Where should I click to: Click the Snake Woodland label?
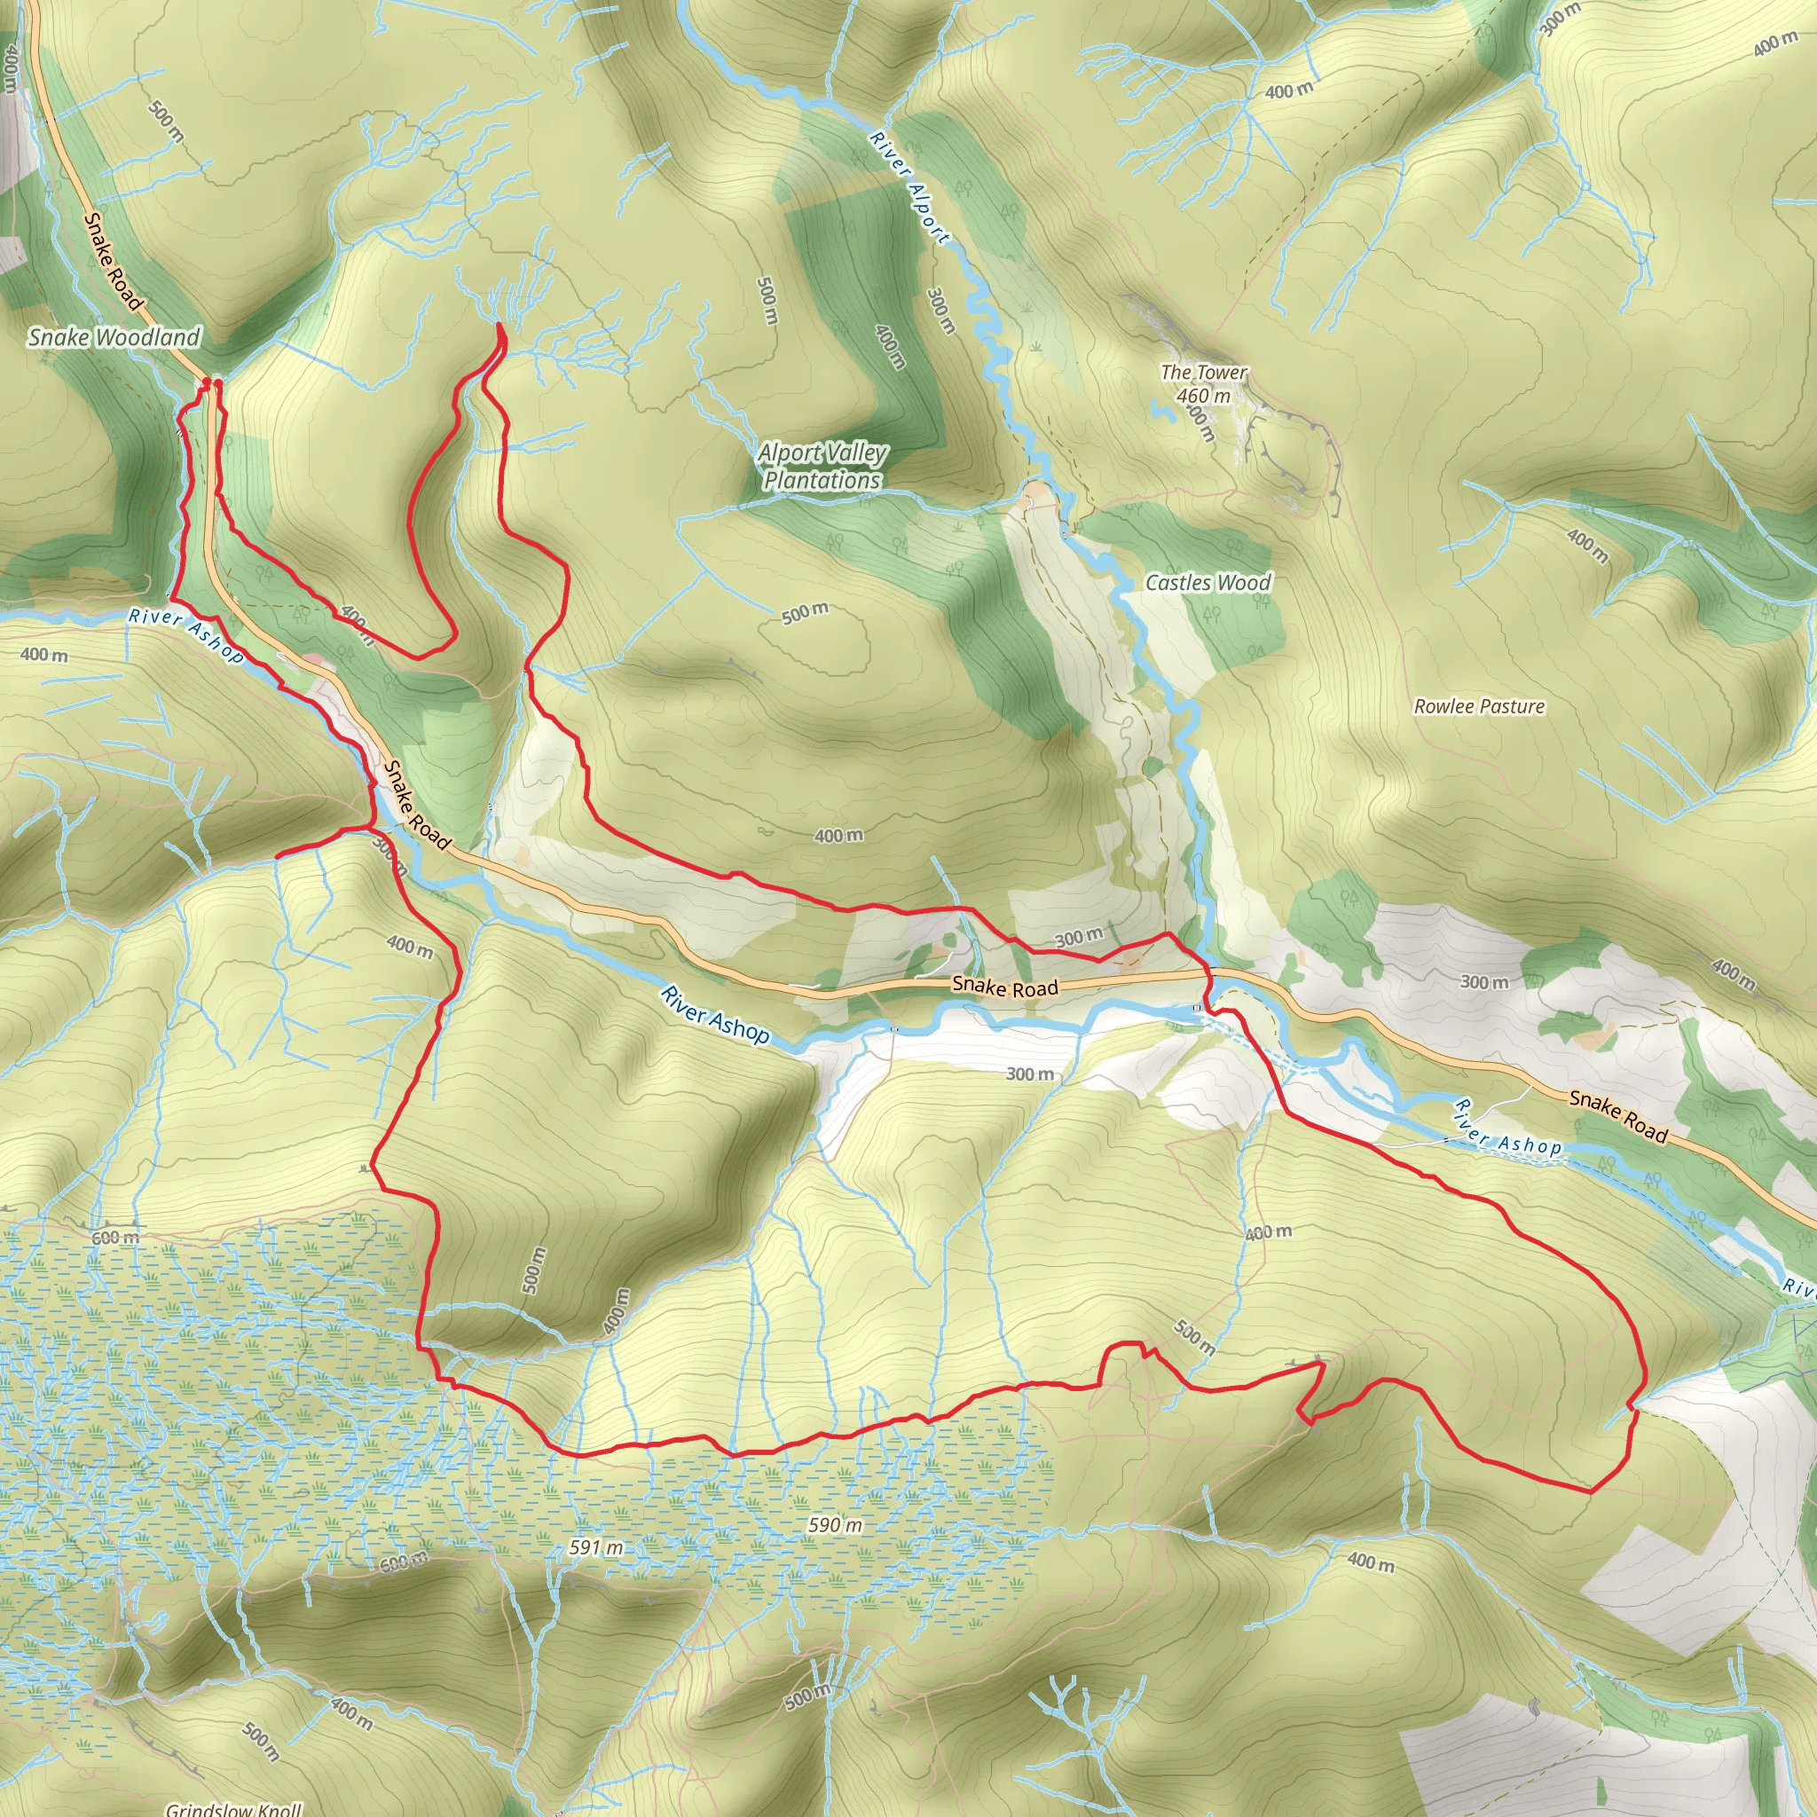[114, 336]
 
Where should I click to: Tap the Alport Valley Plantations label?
[822, 467]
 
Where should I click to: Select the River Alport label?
[909, 188]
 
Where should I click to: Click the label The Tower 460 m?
[1203, 383]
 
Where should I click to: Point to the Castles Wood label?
[1207, 583]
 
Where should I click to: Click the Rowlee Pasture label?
[1478, 706]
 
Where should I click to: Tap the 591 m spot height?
[596, 1547]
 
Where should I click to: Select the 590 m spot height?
[835, 1524]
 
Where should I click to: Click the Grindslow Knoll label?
[233, 1807]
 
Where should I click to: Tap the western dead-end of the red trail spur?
[277, 856]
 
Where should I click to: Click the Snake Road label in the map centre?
[1004, 987]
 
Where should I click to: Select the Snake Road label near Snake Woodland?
[113, 262]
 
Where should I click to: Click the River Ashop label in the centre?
[715, 1015]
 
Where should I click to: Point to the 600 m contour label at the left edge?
[114, 1238]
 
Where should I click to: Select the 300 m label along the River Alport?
[940, 311]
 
